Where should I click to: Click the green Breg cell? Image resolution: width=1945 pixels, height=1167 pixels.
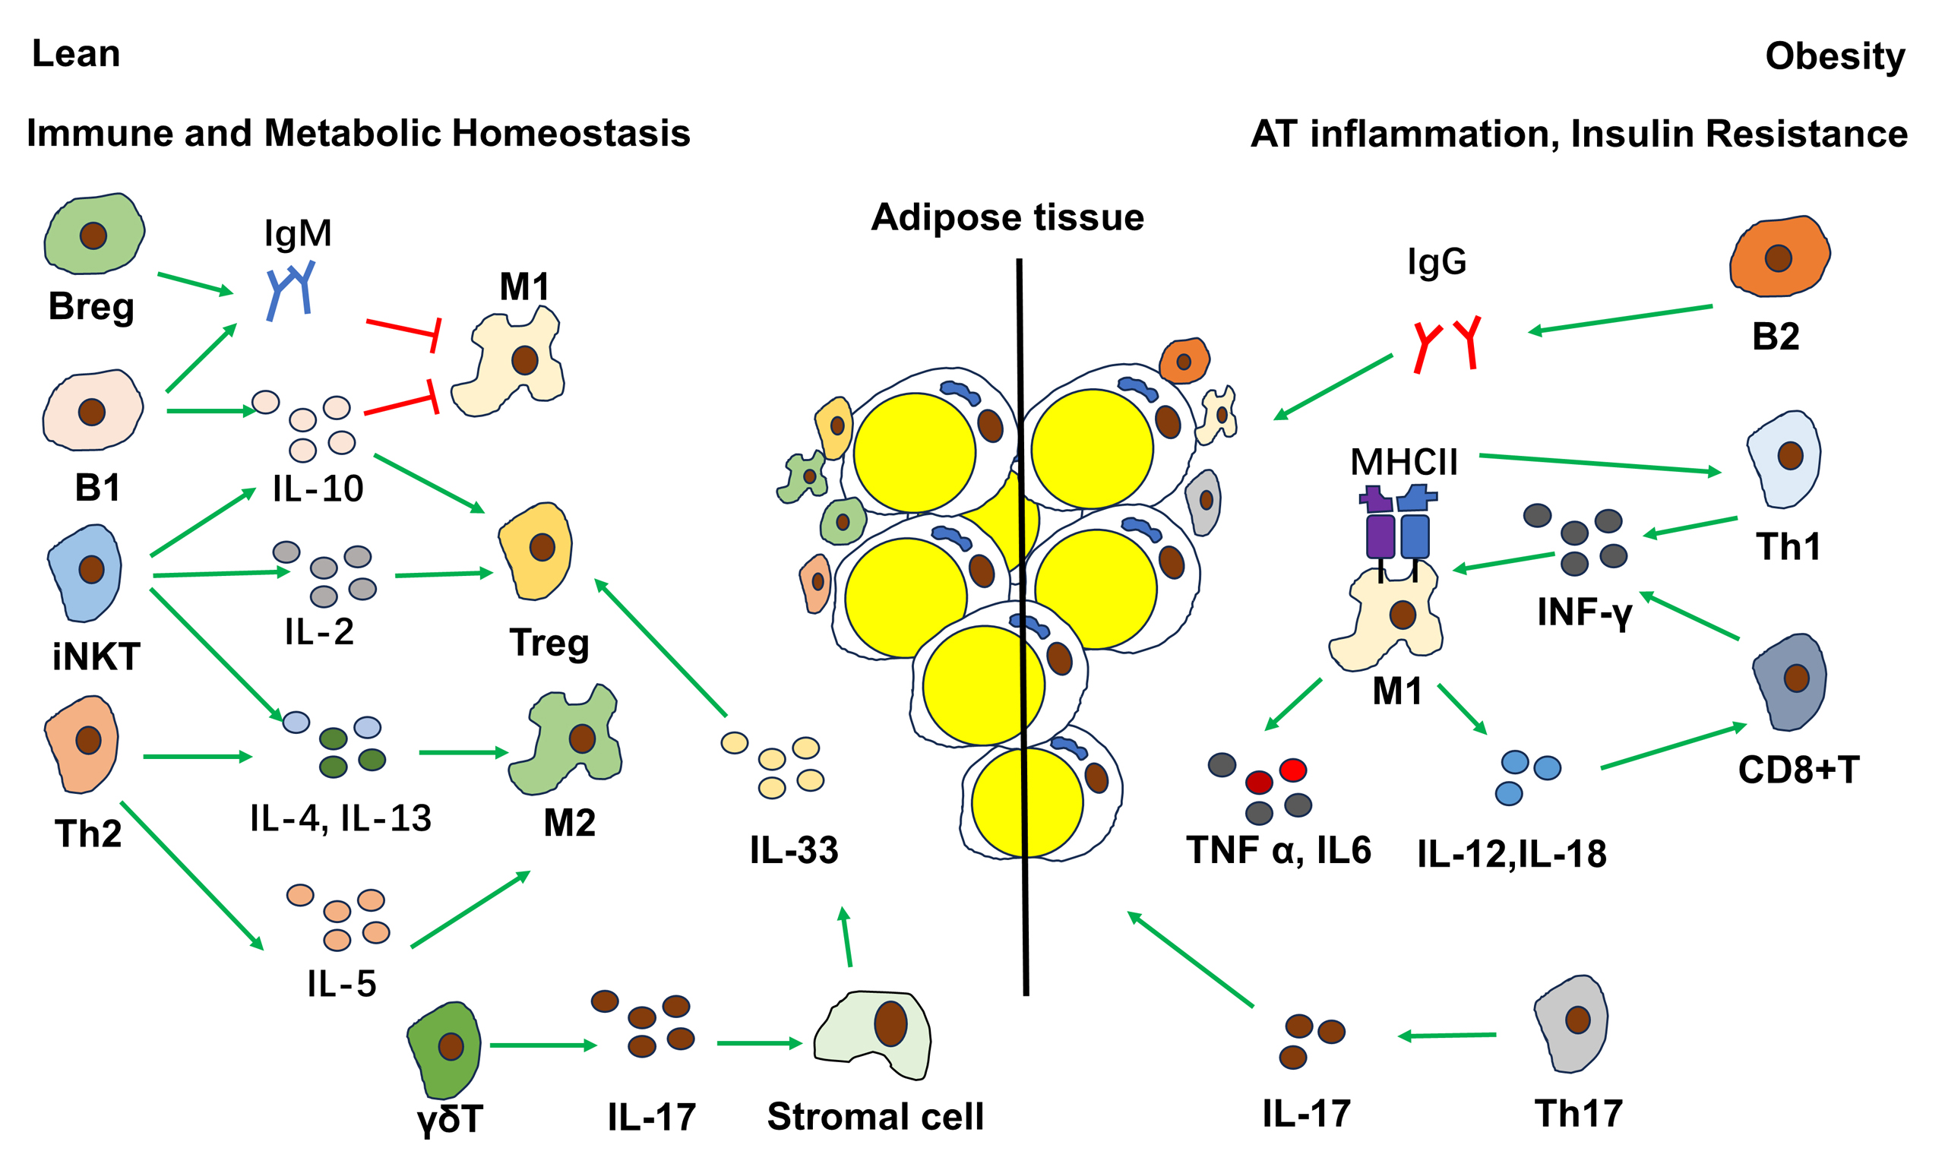93,233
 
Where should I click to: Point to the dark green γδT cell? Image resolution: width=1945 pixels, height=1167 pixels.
445,1049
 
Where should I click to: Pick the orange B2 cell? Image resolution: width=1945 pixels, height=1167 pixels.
1779,257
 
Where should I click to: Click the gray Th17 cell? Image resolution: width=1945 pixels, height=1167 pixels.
1571,1023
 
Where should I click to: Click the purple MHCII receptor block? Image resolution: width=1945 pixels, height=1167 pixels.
1380,535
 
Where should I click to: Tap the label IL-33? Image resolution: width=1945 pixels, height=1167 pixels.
794,851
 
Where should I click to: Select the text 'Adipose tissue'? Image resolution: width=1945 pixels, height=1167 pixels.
1007,217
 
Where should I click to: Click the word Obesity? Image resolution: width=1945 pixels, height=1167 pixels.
1835,57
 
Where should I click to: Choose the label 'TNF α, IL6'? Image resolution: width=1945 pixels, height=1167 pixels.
1279,851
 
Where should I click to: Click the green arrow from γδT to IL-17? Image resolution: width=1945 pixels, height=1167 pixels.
543,1045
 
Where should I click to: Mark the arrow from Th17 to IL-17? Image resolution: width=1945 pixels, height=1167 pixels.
1447,1036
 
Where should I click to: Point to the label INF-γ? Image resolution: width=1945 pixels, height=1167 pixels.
1585,612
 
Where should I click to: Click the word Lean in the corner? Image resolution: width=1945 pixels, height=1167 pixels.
76,54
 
